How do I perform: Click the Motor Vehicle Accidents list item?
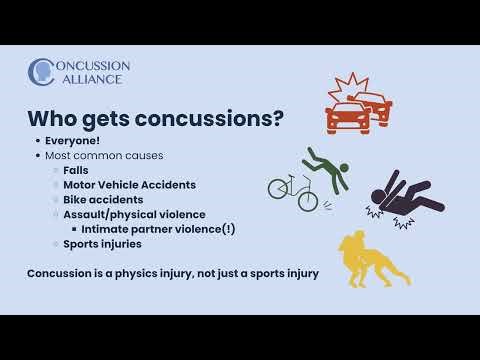point(129,185)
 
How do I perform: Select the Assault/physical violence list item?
point(134,214)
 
